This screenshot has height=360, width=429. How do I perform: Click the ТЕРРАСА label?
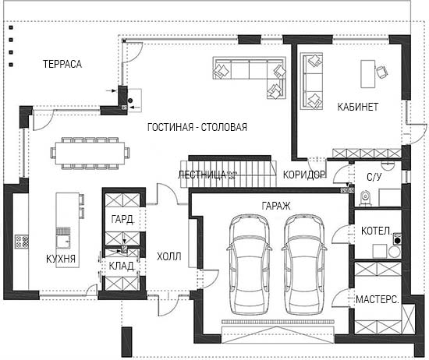[62, 64]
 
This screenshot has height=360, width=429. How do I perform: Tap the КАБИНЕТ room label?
[358, 107]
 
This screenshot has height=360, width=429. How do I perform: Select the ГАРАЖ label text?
[276, 206]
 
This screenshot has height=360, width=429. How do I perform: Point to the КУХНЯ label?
[61, 259]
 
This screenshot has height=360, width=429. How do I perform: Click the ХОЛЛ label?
[169, 256]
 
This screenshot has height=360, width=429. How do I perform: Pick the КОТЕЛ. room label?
[377, 231]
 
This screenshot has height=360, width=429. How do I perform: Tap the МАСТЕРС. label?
[377, 299]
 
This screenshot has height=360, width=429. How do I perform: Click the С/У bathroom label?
[374, 177]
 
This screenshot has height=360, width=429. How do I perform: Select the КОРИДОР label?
[304, 175]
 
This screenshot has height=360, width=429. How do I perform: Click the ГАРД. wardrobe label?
[122, 219]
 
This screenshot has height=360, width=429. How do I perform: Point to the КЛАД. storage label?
[122, 266]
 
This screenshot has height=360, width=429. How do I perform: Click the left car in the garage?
[249, 264]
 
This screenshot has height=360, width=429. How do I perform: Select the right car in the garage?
[303, 264]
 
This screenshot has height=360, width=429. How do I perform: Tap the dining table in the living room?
[90, 153]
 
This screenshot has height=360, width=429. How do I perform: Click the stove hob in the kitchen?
[22, 242]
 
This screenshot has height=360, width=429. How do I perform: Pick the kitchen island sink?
[63, 242]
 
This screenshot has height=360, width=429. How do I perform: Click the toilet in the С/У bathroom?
[365, 197]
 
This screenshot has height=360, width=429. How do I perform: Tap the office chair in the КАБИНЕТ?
[382, 72]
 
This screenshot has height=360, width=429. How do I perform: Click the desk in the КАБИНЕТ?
[367, 74]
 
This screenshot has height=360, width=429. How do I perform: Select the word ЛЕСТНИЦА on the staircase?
[202, 175]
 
